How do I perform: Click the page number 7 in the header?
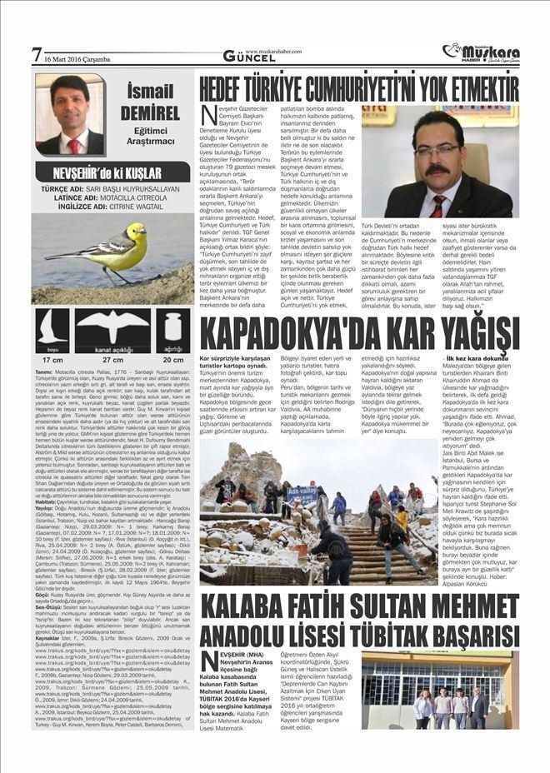[36, 55]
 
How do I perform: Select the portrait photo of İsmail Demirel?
[69, 114]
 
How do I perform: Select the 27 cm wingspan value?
[112, 360]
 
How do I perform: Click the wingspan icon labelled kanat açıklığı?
[112, 331]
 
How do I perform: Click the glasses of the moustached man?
[437, 150]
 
